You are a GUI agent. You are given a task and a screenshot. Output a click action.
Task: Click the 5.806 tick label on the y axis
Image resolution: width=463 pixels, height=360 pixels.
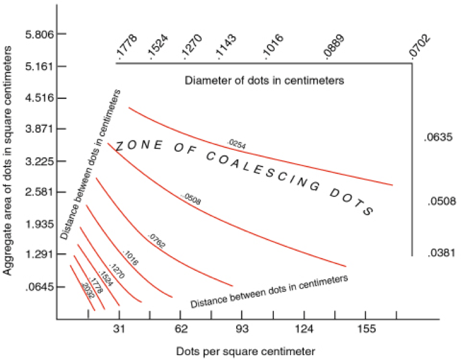click(x=39, y=34)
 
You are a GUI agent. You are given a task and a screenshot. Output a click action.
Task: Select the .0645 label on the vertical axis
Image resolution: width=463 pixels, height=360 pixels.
click(x=41, y=286)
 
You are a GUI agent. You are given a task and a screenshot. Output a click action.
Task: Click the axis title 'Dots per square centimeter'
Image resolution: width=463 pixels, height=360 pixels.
click(x=245, y=351)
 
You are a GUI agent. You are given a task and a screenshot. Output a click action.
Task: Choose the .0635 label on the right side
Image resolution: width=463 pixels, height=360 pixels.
click(x=438, y=138)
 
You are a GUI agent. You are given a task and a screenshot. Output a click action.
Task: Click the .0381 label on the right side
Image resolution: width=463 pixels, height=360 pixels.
click(x=438, y=252)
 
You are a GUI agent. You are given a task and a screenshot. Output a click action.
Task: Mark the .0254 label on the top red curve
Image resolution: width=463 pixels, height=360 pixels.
click(x=237, y=144)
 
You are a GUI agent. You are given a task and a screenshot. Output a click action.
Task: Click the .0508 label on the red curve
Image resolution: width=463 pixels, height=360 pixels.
click(x=192, y=198)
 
